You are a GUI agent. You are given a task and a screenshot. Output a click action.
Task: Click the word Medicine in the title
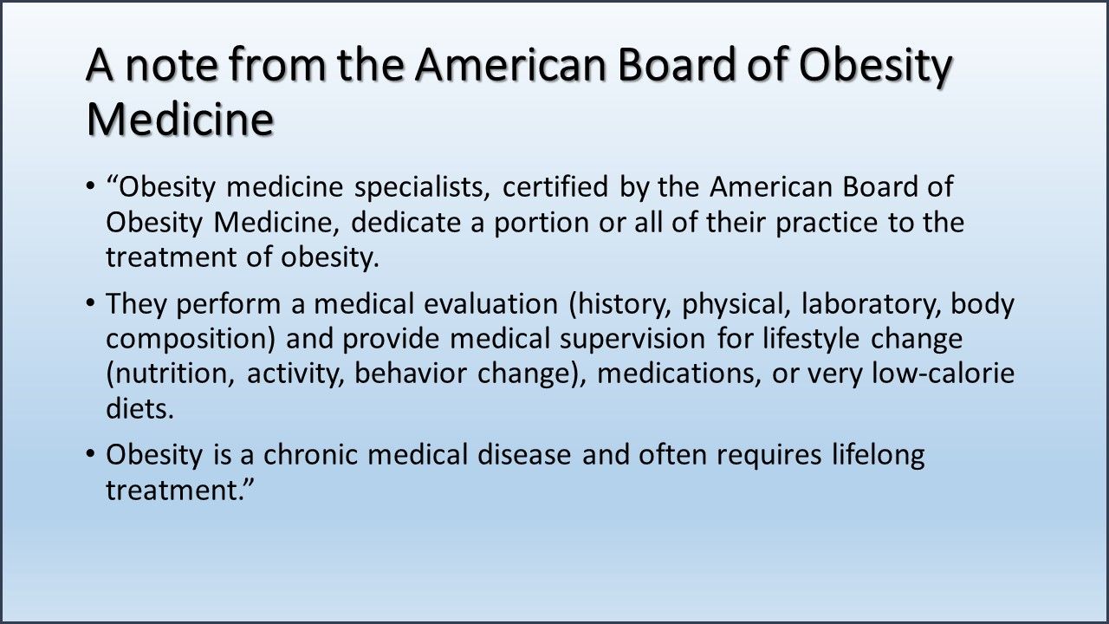(179, 119)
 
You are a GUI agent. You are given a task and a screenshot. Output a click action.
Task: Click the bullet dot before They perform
(92, 305)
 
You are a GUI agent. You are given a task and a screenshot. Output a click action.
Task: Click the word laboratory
(872, 305)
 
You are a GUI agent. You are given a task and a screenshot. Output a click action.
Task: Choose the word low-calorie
(942, 374)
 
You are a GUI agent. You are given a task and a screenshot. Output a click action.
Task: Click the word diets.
(139, 409)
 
